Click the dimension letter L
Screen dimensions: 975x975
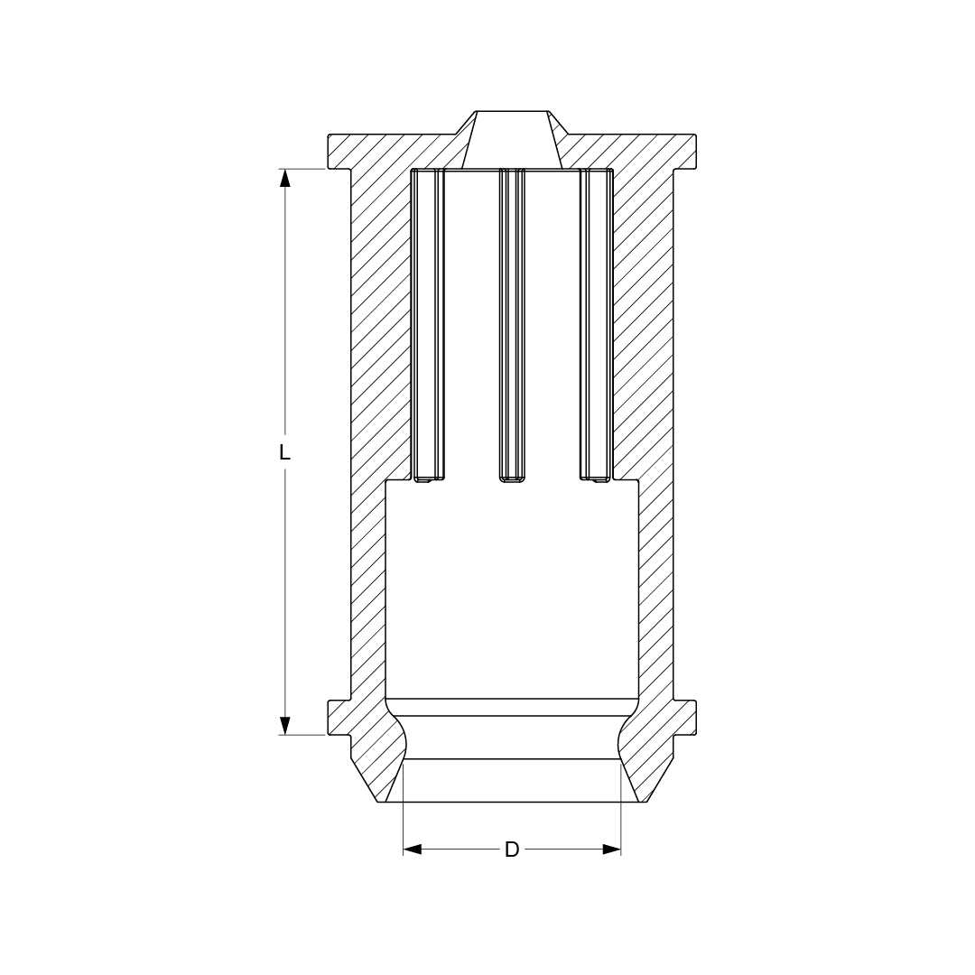[284, 452]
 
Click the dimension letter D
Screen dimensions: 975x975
[511, 849]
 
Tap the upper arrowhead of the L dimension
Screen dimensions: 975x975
[284, 178]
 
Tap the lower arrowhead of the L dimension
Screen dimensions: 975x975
[284, 726]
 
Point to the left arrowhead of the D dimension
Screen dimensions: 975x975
[413, 849]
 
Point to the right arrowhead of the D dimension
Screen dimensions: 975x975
[612, 849]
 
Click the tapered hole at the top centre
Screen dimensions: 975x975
[512, 141]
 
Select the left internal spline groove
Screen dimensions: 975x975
[429, 325]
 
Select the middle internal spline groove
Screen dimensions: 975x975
[513, 325]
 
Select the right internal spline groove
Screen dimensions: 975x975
[597, 325]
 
